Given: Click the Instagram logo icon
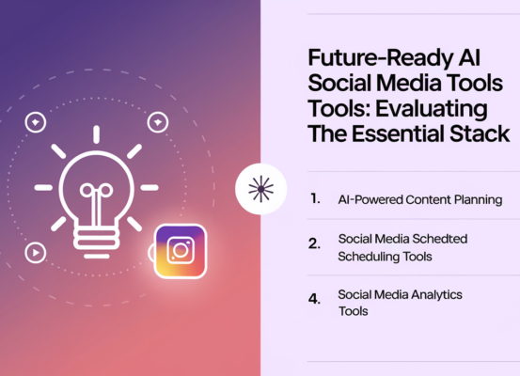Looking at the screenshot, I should tap(180, 251).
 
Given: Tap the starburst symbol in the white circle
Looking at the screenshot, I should tap(260, 188).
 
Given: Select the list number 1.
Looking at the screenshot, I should tap(315, 199).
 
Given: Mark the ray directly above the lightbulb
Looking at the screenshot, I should tap(95, 133).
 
